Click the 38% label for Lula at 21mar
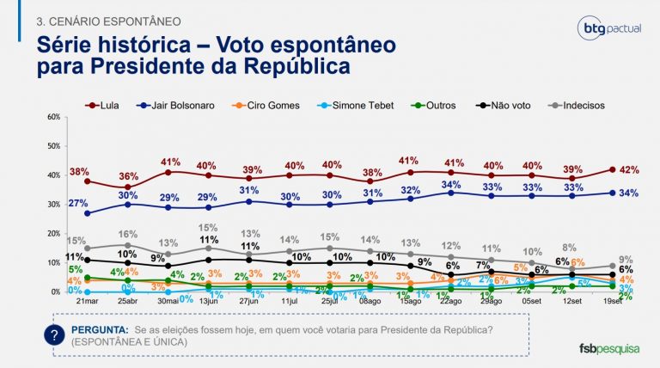click(x=79, y=171)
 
